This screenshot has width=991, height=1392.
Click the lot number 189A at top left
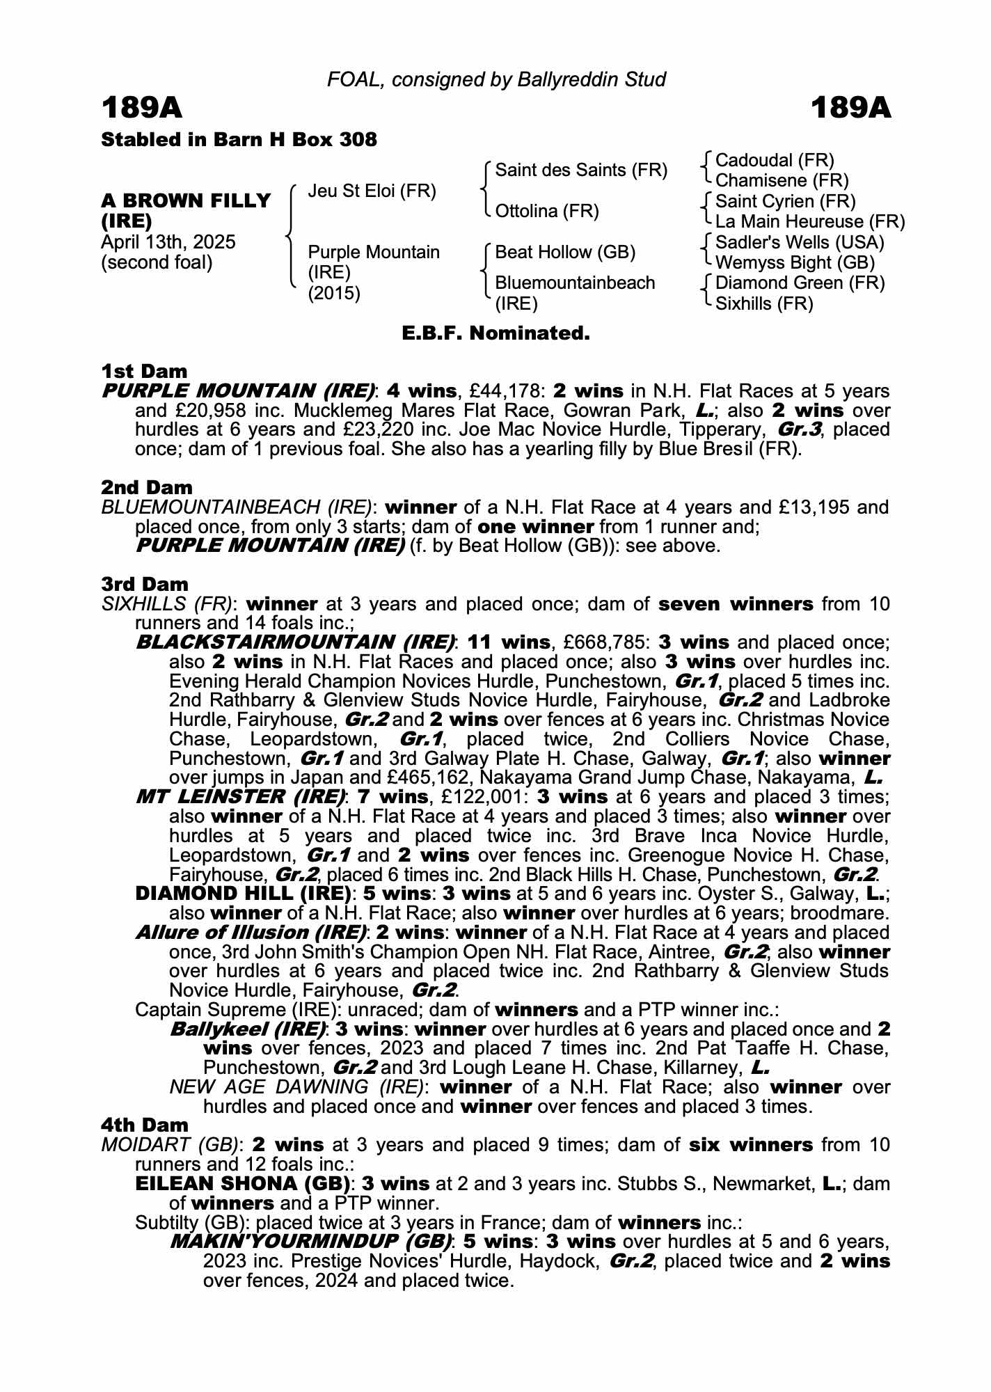pos(142,109)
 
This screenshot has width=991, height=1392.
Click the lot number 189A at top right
pos(850,109)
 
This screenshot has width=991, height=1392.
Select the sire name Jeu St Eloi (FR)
pos(372,191)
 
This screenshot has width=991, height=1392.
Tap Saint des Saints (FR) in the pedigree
pos(580,171)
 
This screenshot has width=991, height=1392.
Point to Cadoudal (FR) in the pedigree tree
pos(774,161)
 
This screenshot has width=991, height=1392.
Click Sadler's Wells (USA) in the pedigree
pos(800,242)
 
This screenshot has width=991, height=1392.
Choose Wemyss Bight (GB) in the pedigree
pos(795,262)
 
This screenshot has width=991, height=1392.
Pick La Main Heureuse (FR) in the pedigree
pos(809,222)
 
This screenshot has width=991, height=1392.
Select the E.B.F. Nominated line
pos(495,333)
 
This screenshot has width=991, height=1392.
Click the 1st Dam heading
pos(144,371)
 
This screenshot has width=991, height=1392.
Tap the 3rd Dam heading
pos(145,584)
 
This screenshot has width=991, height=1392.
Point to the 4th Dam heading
pos(145,1125)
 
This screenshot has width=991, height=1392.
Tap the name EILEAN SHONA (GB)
pos(243,1183)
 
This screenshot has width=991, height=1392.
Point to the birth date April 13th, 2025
pos(168,242)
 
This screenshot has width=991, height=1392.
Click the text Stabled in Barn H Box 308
pos(239,140)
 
